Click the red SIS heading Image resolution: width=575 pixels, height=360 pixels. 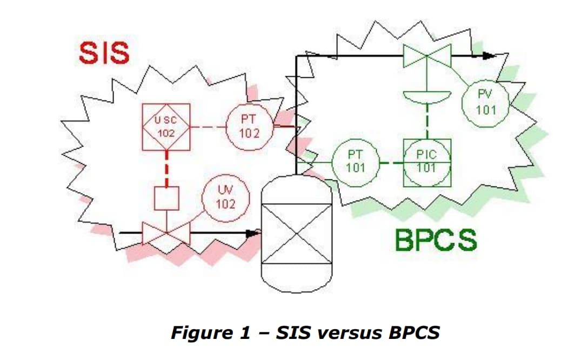[x=104, y=54]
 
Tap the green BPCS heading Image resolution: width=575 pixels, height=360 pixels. [x=436, y=240]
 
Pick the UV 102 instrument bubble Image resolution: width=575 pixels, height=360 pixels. [x=226, y=198]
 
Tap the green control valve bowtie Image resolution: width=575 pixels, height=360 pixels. [x=427, y=56]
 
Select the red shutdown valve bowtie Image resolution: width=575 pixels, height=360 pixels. [x=166, y=233]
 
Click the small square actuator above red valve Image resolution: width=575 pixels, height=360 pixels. [x=166, y=198]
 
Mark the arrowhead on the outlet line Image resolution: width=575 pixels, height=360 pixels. [x=489, y=55]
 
